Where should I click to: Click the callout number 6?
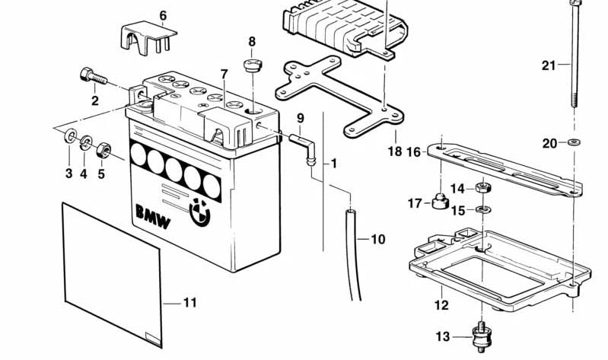(x=162, y=15)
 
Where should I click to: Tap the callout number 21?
(x=549, y=65)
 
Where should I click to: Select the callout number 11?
(x=189, y=303)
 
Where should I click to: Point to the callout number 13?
(x=443, y=337)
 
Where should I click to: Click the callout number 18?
(x=394, y=151)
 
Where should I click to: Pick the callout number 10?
(x=377, y=240)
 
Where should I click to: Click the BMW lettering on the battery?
(x=153, y=217)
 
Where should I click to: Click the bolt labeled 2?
(x=91, y=76)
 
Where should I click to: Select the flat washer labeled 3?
(x=69, y=137)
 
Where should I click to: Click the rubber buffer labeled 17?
(x=439, y=202)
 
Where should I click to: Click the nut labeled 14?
(x=482, y=187)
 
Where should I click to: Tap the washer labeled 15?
(x=482, y=209)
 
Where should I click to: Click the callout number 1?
(x=333, y=163)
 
